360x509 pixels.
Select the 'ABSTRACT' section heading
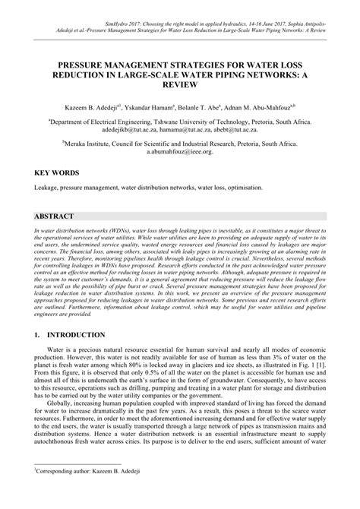click(55, 216)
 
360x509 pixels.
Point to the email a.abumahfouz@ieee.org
click(180, 151)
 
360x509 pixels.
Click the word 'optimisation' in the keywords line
click(244, 187)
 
